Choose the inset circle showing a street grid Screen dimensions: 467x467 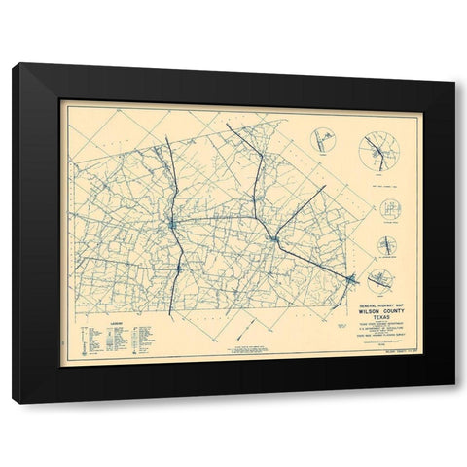389,210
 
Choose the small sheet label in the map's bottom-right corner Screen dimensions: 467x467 395,355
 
